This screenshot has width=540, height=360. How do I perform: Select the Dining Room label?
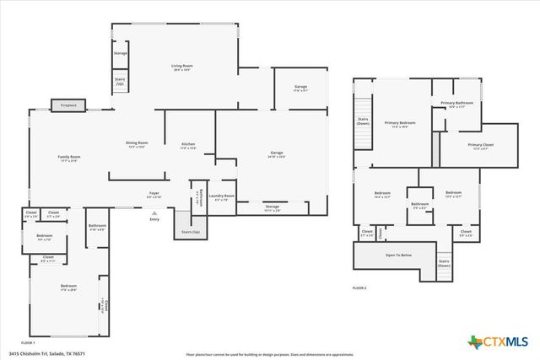[x=137, y=144]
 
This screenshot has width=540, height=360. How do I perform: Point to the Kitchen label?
[x=189, y=145]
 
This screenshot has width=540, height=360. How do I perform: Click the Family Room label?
[x=68, y=159]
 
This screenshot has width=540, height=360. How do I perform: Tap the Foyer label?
[x=154, y=195]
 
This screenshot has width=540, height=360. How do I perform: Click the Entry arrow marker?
[x=154, y=215]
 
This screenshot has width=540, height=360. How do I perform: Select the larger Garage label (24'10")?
[x=277, y=153]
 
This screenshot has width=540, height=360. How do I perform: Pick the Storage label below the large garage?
[x=272, y=207]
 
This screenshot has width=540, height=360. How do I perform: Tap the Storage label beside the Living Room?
[x=121, y=54]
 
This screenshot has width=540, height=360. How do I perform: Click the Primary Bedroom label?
[x=397, y=125]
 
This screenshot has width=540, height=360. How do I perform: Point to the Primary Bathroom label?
[x=456, y=104]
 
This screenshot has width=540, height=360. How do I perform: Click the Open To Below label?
[x=398, y=255]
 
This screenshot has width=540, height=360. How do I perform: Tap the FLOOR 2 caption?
[x=359, y=288]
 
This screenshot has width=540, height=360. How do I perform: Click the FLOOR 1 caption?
[x=27, y=343]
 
